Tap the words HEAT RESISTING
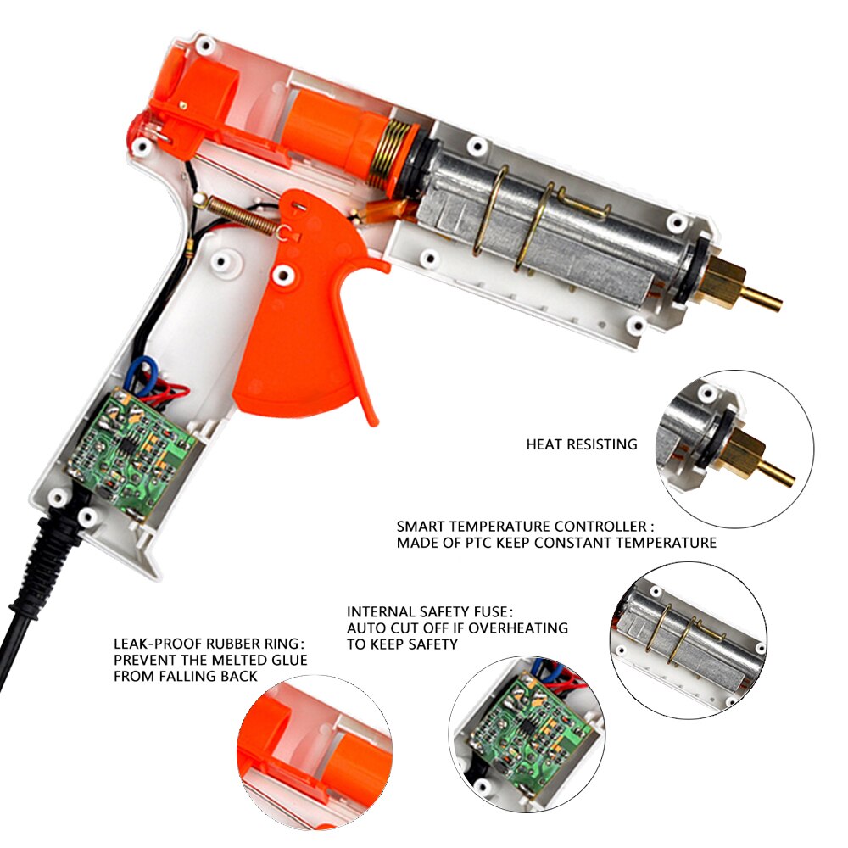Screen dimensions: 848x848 [x=581, y=444]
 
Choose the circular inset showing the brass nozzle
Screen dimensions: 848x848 [x=734, y=449]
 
